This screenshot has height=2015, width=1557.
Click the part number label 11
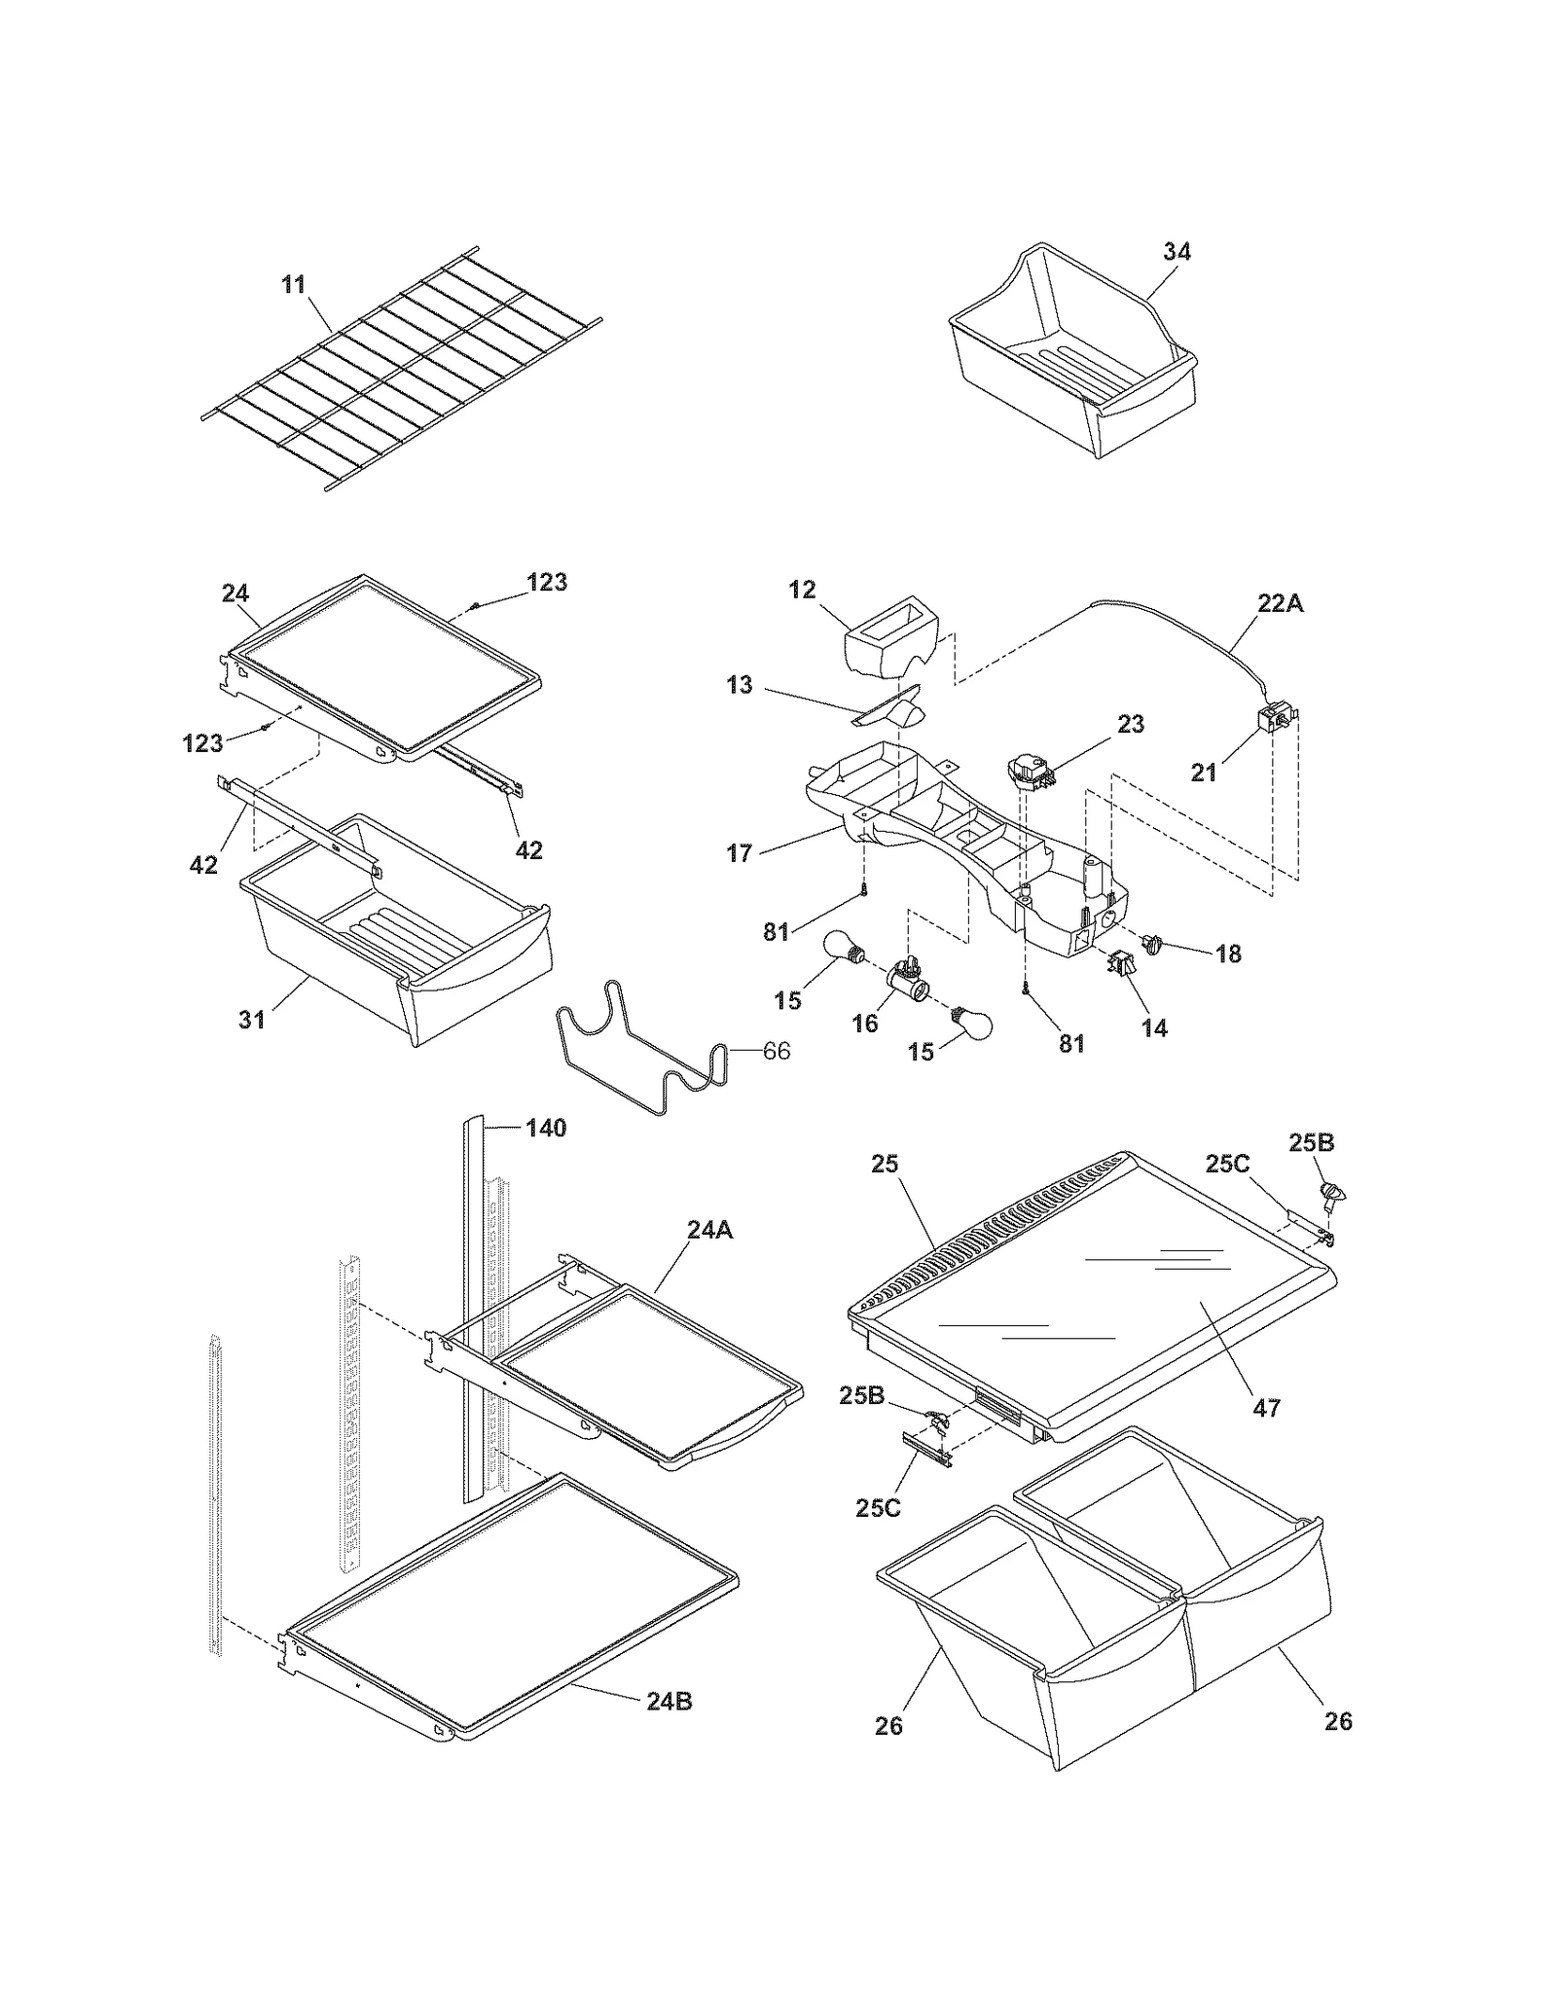pyautogui.click(x=293, y=284)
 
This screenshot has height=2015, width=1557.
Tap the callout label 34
pyautogui.click(x=1177, y=251)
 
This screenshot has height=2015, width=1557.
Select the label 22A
pyautogui.click(x=1280, y=603)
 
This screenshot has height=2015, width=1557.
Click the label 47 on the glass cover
pyautogui.click(x=1266, y=1407)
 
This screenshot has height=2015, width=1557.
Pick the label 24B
pyautogui.click(x=670, y=1701)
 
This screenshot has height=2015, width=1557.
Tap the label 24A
pyautogui.click(x=708, y=1230)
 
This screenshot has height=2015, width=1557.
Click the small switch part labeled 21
pyautogui.click(x=1271, y=722)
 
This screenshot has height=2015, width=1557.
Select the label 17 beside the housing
pyautogui.click(x=740, y=853)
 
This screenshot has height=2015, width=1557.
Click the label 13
pyautogui.click(x=740, y=685)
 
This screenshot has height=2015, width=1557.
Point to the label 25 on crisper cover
pyautogui.click(x=885, y=1164)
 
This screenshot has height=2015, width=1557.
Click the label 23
pyautogui.click(x=1130, y=724)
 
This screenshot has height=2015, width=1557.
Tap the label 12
pyautogui.click(x=802, y=590)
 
